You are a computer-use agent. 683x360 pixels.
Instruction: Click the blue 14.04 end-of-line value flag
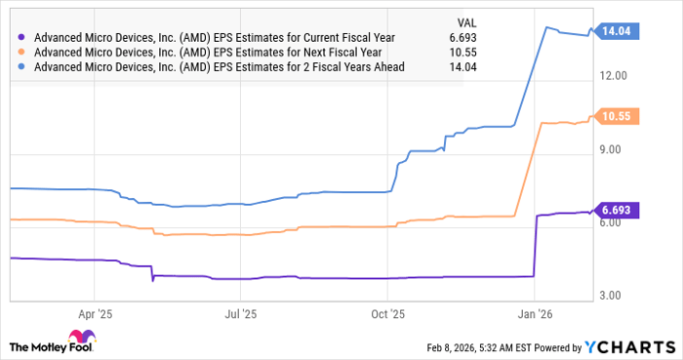click(619, 31)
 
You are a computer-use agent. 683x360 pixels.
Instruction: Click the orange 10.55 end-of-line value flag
click(619, 116)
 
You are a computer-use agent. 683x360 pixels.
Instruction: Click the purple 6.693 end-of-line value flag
click(619, 210)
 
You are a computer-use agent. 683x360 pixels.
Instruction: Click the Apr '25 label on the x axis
click(94, 315)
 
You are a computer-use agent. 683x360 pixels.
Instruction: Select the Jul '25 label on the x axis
click(241, 315)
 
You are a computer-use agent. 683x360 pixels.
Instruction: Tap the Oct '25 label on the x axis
click(388, 315)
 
